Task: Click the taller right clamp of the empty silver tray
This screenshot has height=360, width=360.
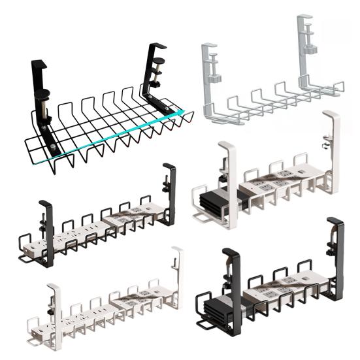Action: [x=305, y=52]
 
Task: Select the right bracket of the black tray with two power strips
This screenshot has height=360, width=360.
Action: [x=169, y=193]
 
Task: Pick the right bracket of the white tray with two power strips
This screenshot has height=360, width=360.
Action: [x=176, y=274]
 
